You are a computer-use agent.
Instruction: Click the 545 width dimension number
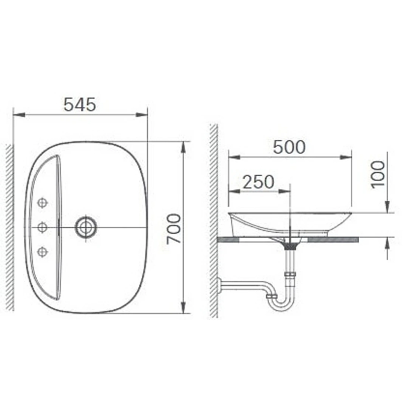tap(80, 105)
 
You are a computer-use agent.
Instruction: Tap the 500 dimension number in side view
tap(289, 147)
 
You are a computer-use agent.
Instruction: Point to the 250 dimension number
tap(258, 182)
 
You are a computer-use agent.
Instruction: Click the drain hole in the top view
tap(86, 227)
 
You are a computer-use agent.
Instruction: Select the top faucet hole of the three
tap(43, 202)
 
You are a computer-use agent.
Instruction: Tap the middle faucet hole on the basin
tap(43, 226)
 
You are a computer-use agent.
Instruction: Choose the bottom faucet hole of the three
tap(43, 251)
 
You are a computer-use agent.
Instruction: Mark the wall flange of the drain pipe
tap(220, 285)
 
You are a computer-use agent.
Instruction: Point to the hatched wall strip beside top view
tap(9, 227)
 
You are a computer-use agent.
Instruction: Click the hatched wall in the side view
tap(213, 220)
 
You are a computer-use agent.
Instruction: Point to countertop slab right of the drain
tap(334, 239)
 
